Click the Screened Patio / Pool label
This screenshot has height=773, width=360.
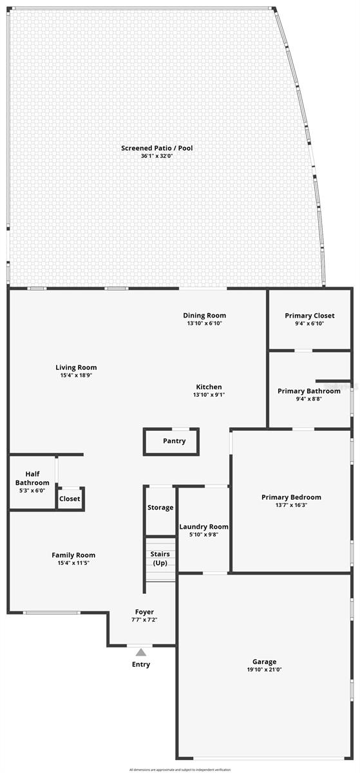[x=157, y=148]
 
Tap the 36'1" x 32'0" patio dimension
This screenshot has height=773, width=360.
[x=157, y=157]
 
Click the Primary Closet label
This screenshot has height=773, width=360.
[x=309, y=316]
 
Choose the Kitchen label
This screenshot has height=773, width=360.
[x=209, y=386]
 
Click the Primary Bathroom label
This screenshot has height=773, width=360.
[x=309, y=391]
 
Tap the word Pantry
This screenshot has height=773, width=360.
[x=174, y=441]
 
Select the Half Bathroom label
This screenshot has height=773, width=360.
[x=32, y=478]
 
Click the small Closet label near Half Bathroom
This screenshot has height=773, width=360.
[x=70, y=499]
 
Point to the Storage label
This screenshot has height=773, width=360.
[x=160, y=508]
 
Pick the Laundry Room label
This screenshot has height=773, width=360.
[x=204, y=526]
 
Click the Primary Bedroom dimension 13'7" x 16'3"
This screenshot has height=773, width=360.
[x=291, y=506]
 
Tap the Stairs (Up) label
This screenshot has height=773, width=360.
[x=160, y=558]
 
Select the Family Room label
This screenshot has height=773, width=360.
[x=73, y=555]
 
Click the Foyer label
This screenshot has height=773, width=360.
[x=144, y=611]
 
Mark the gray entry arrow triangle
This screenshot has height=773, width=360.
[x=140, y=653]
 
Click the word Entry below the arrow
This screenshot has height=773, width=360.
[x=141, y=664]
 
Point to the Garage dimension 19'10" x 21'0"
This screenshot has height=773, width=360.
[x=264, y=670]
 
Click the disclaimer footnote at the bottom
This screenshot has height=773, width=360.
[x=180, y=769]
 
